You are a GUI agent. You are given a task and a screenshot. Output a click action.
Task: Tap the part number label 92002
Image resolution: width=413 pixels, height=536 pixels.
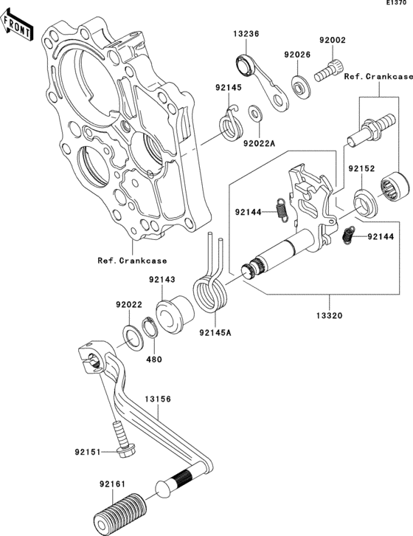pyautogui.click(x=332, y=42)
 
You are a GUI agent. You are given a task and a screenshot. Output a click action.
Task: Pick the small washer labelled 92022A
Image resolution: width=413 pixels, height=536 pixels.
pyautogui.click(x=254, y=112)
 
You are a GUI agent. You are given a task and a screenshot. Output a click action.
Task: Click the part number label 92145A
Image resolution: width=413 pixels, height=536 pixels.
pyautogui.click(x=215, y=332)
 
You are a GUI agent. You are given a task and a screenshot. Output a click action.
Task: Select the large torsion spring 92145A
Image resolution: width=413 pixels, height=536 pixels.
pyautogui.click(x=211, y=292)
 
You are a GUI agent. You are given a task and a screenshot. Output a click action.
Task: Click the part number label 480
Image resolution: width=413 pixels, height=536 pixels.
pyautogui.click(x=154, y=360)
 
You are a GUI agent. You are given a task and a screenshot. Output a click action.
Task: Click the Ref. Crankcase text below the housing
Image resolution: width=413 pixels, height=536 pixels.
pyautogui.click(x=132, y=260)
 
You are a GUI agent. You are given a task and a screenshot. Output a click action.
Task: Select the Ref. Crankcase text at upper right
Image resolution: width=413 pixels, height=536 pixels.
pyautogui.click(x=379, y=75)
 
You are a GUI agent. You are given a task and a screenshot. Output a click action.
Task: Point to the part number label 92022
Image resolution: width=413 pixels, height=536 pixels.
pyautogui.click(x=128, y=304)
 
